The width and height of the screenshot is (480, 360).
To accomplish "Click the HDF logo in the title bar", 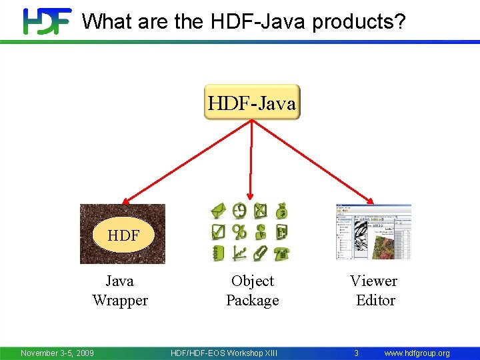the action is point(47,21).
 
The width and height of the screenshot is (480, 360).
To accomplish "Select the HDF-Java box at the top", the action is point(252,102).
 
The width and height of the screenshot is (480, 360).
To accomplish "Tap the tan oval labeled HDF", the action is point(123,235).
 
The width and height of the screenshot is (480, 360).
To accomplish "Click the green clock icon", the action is point(239,211).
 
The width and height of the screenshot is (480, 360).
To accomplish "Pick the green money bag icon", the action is point(282,211).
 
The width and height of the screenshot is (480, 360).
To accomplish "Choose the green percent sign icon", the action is point(239,232).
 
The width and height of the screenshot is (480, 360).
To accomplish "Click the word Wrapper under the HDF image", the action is point(120,301).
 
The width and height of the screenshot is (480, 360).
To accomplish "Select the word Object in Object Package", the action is point(253,281).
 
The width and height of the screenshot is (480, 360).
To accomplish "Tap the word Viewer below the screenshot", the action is point(373,281).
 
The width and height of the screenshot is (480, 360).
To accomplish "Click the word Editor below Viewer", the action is point(375,301).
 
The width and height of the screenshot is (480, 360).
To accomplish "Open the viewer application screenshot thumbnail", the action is point(373,232).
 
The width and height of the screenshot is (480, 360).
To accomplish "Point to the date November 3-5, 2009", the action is point(57,353).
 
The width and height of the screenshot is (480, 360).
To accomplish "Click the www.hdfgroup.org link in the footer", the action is point(417,353).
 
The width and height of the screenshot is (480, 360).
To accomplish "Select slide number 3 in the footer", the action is point(356,353).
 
